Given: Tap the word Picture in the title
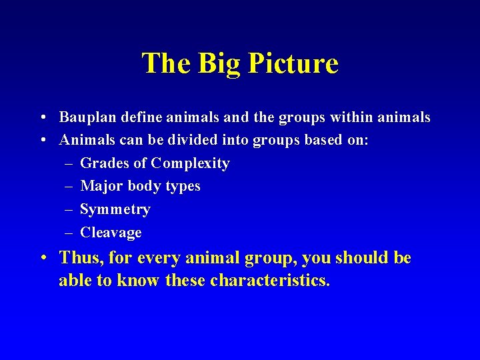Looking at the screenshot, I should pyautogui.click(x=293, y=64).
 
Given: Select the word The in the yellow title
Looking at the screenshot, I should pyautogui.click(x=165, y=64).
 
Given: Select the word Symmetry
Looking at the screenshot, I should pyautogui.click(x=115, y=210).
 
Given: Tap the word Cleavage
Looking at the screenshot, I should pyautogui.click(x=111, y=233).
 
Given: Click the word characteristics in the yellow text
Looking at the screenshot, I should pyautogui.click(x=269, y=281).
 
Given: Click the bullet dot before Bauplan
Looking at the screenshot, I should pyautogui.click(x=42, y=118).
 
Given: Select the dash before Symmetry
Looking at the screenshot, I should pyautogui.click(x=69, y=209).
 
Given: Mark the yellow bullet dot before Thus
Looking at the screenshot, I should pyautogui.click(x=42, y=259).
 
